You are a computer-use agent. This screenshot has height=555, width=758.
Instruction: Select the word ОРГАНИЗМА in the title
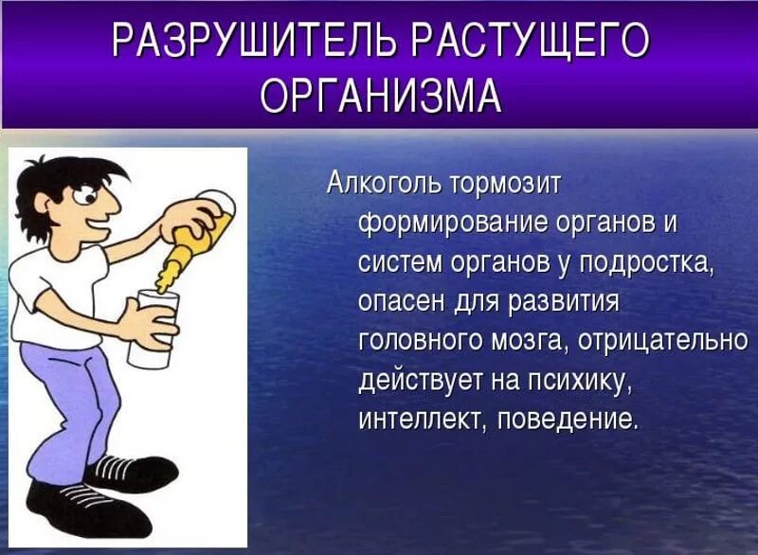click(x=380, y=96)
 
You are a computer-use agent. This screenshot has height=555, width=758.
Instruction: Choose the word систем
click(x=395, y=262)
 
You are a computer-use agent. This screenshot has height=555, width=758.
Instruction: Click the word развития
click(x=565, y=302)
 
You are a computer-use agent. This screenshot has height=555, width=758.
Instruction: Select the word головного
click(x=423, y=341)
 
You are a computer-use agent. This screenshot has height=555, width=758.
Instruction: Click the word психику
click(x=581, y=381)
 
